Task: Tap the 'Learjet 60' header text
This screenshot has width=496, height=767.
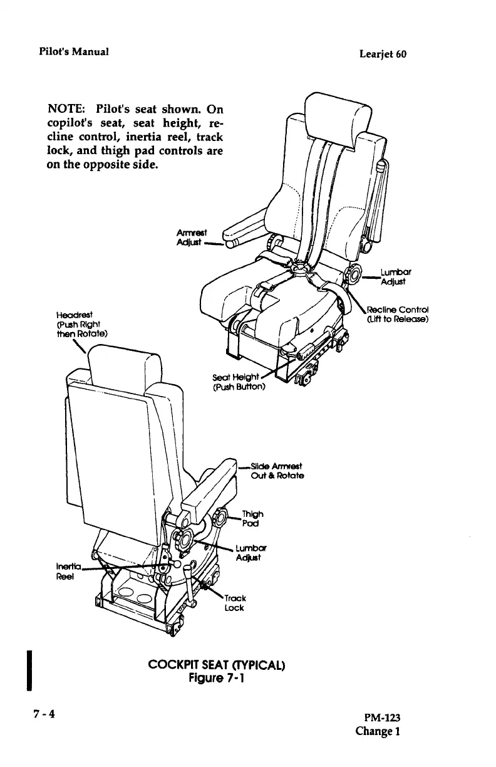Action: tap(383, 54)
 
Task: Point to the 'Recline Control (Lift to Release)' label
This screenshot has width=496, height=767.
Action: tap(396, 314)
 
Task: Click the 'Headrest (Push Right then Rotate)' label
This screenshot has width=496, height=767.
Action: tap(81, 324)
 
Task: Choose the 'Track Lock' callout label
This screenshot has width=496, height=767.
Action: tap(235, 602)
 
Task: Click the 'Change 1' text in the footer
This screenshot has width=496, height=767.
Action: tap(378, 731)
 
